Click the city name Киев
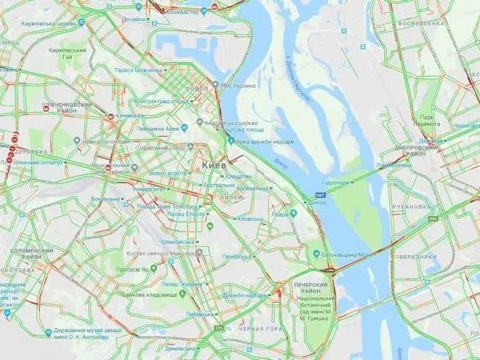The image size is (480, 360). pyautogui.click(x=210, y=165)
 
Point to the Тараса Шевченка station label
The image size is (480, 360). pyautogui.click(x=137, y=71)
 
